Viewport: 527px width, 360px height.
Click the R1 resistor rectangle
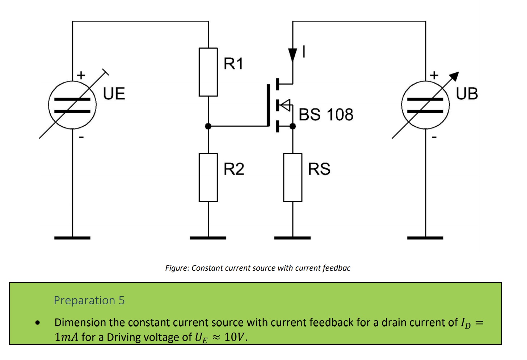208,72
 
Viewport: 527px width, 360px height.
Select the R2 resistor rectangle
208,177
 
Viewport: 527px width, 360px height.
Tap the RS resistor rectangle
292,177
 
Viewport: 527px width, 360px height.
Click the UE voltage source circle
72,105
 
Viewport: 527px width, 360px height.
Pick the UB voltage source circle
425,105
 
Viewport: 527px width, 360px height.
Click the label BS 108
326,115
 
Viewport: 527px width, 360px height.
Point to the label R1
233,64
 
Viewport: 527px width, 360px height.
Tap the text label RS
319,169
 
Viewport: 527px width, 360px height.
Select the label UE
114,94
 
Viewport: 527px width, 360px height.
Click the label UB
467,94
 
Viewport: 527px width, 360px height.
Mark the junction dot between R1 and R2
208,126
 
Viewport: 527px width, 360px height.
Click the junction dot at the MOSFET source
292,126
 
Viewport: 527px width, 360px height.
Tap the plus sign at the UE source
81,75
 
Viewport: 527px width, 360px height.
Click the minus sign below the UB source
434,137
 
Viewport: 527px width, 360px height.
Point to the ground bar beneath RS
292,238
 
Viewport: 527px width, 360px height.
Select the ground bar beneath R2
208,238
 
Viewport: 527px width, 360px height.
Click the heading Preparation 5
89,300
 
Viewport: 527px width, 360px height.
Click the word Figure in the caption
177,268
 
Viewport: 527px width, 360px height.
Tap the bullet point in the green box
38,322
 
